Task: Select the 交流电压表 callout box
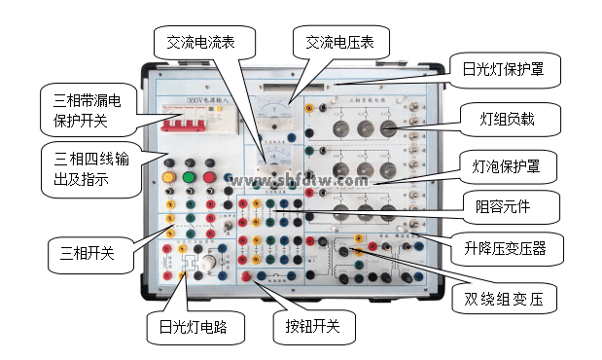click(341, 41)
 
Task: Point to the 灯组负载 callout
click(507, 120)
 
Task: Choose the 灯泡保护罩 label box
click(508, 165)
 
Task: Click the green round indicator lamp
click(212, 178)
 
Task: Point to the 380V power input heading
click(209, 100)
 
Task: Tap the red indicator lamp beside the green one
click(191, 178)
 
